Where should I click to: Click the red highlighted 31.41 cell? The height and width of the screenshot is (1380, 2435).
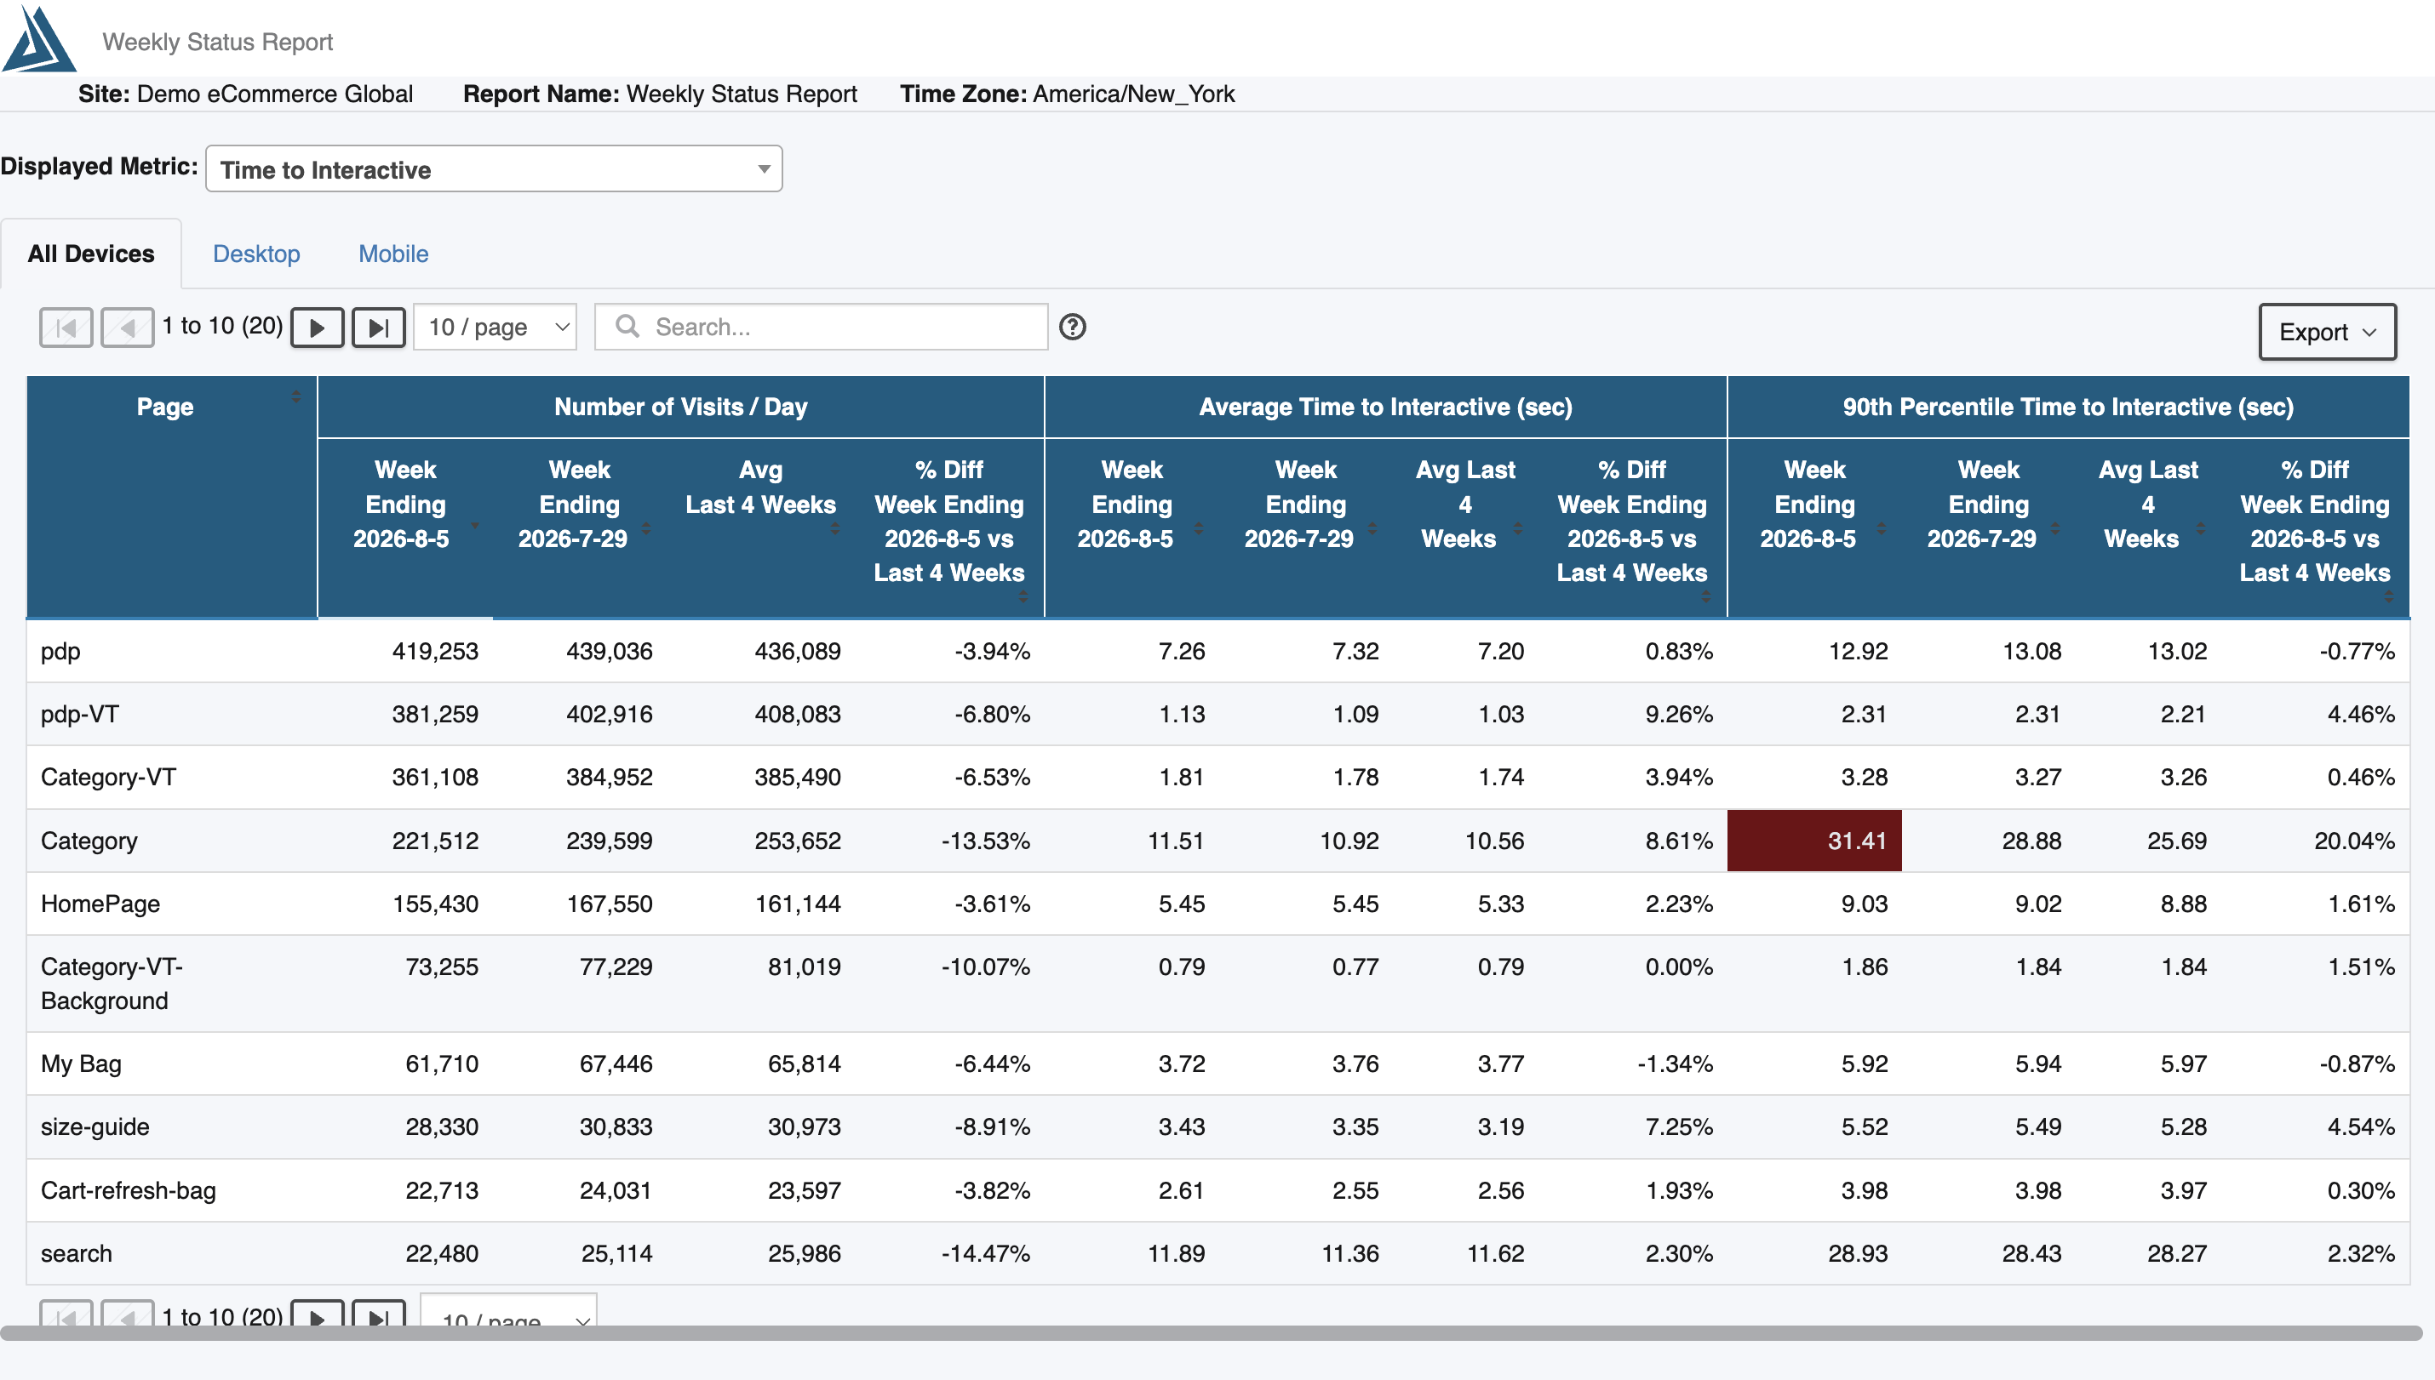(1814, 841)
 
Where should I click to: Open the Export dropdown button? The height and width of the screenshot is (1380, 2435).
(2327, 332)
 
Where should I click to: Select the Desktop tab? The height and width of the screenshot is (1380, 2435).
(256, 254)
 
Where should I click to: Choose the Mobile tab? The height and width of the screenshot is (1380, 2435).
(393, 254)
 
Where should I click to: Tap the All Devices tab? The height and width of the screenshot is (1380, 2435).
(91, 254)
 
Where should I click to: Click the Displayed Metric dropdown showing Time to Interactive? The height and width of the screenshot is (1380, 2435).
(494, 169)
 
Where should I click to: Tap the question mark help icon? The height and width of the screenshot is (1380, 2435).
(1073, 327)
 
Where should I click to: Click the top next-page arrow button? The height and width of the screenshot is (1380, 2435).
(317, 328)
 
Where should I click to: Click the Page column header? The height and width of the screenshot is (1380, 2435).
(165, 407)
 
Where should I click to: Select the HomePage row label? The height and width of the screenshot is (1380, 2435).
(100, 904)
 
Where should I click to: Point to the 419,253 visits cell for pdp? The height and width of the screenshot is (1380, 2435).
(435, 651)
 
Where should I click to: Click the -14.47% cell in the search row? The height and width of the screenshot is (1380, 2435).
(985, 1254)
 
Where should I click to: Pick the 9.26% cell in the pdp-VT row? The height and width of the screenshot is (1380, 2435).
(1679, 715)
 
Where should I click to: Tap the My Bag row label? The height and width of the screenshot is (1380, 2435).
(82, 1064)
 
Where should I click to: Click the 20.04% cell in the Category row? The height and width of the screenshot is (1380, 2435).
(2354, 841)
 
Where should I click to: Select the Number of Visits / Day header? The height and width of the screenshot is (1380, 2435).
(681, 407)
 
